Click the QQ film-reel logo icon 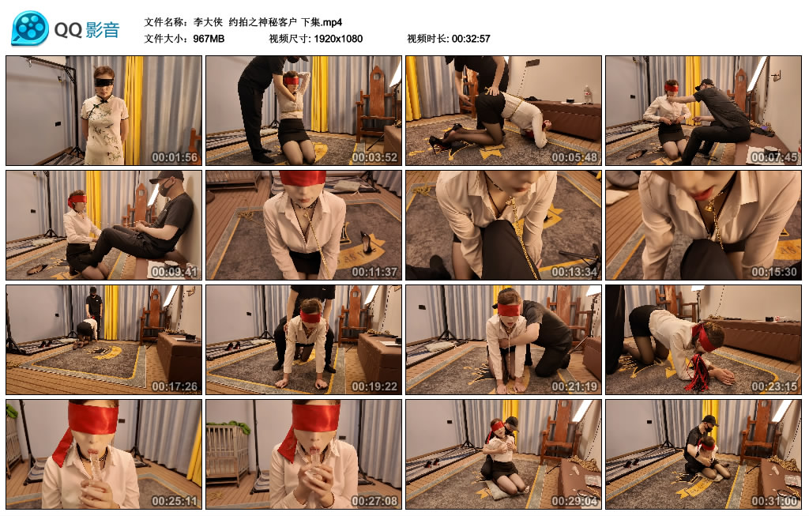click(x=30, y=28)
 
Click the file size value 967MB click(x=209, y=39)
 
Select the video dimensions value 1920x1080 click(x=337, y=39)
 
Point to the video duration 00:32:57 click(x=471, y=39)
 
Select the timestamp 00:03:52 click(x=374, y=156)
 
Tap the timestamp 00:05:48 click(x=574, y=156)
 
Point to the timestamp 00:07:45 click(x=774, y=156)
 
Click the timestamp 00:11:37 click(x=374, y=271)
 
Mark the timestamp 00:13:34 click(x=574, y=271)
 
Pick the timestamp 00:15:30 click(x=774, y=271)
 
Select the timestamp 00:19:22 click(x=374, y=386)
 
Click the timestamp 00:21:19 click(x=574, y=386)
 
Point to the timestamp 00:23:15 click(x=774, y=386)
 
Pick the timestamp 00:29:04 click(x=574, y=501)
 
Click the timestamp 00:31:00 click(x=774, y=501)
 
